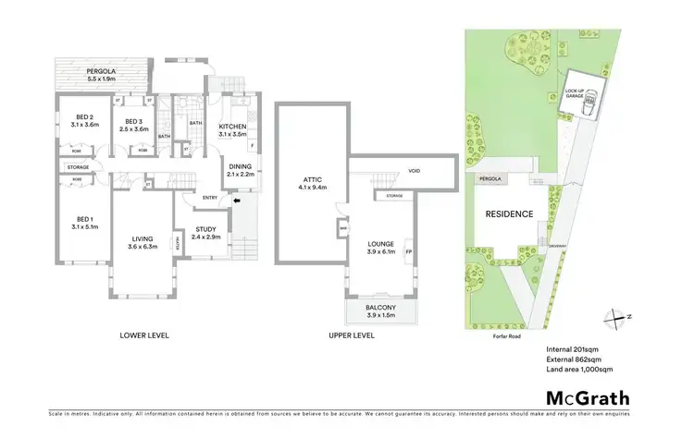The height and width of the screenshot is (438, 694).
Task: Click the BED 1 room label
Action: [x=84, y=220]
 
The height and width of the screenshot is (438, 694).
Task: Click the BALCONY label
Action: [x=380, y=308]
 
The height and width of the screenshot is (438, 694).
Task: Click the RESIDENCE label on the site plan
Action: [x=509, y=214]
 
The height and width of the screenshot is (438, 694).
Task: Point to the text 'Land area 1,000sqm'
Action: [x=580, y=370]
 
